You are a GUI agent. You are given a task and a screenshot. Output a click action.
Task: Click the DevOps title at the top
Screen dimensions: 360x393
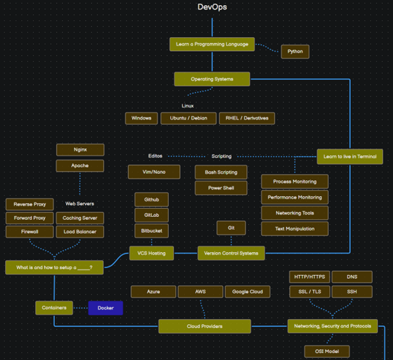pos(212,8)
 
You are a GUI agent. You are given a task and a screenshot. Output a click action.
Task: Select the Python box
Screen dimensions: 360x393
pos(295,52)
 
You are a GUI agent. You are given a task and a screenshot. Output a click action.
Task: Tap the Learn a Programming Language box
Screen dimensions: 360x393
pos(212,44)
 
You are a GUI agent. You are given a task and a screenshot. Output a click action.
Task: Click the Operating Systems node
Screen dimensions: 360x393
pos(212,79)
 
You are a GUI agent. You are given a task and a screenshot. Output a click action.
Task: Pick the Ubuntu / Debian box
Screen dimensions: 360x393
pos(189,118)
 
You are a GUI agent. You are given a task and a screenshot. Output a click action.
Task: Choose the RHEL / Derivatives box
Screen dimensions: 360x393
pos(247,118)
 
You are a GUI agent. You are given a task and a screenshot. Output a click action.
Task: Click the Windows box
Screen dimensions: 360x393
pos(142,118)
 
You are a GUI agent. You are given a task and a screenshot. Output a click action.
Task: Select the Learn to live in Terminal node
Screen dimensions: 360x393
pos(350,156)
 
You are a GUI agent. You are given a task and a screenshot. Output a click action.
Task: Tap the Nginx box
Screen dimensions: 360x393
pos(80,149)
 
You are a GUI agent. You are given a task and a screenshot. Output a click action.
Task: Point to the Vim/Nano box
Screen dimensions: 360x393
pos(154,172)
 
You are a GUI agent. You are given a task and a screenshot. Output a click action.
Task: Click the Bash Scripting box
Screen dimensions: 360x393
pos(220,172)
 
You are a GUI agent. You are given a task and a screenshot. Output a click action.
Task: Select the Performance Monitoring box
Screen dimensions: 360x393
pos(294,197)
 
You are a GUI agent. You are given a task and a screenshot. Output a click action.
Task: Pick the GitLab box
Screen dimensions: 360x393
pos(151,215)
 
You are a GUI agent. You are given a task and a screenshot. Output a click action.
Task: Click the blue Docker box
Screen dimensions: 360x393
pos(105,308)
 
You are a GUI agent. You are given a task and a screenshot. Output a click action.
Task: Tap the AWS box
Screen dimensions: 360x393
pos(200,292)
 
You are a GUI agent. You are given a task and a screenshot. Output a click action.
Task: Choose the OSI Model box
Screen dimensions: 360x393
pos(327,351)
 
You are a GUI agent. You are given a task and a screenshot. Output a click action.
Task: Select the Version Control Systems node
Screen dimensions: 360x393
pos(231,253)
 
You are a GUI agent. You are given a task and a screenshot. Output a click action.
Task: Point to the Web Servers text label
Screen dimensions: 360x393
pos(80,204)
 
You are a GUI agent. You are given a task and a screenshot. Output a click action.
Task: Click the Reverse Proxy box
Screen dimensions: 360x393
pos(30,204)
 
